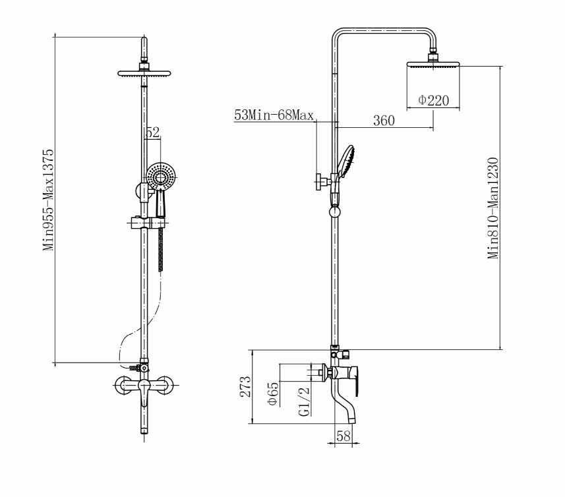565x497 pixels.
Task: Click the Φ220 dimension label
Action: (434, 100)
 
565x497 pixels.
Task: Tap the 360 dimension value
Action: (384, 120)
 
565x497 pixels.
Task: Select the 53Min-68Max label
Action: (274, 115)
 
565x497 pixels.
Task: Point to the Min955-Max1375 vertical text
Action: (48, 200)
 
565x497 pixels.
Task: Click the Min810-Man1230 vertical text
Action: (493, 208)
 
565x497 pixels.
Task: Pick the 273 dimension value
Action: (246, 386)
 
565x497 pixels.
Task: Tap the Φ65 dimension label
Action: (273, 394)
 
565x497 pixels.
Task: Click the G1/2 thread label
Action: (305, 401)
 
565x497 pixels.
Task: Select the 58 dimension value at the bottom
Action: (343, 436)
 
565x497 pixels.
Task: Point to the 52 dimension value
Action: (152, 132)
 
